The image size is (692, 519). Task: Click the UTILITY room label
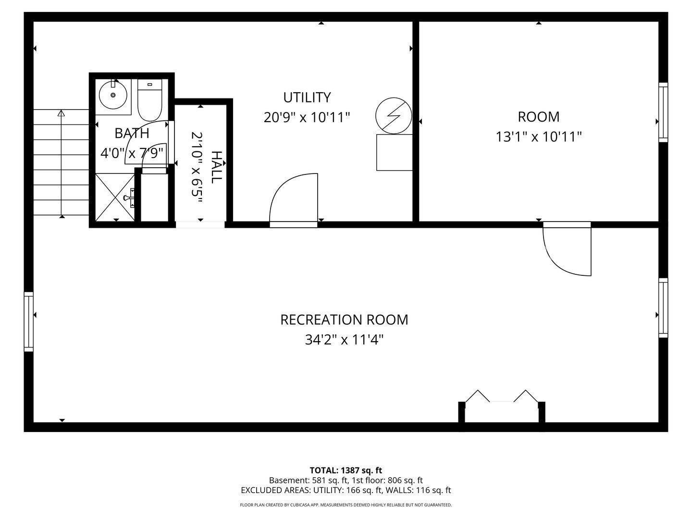(307, 98)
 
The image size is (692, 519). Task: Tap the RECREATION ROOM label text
(344, 320)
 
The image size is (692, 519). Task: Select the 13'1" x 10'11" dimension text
(539, 137)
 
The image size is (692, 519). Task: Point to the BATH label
(132, 133)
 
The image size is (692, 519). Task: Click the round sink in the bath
(113, 95)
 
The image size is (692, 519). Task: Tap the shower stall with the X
(115, 197)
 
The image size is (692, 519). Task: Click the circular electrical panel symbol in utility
(394, 115)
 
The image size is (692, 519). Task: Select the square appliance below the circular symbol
(394, 152)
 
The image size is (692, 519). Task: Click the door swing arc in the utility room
(293, 197)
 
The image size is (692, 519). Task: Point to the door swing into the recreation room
(567, 250)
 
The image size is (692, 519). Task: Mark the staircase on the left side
(61, 163)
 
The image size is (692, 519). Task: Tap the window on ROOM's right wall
(663, 112)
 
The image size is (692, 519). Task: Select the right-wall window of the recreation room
(663, 308)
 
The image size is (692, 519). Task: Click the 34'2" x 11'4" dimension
(344, 340)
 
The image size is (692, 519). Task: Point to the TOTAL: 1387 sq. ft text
(346, 470)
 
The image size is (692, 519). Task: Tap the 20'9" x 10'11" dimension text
(307, 117)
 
